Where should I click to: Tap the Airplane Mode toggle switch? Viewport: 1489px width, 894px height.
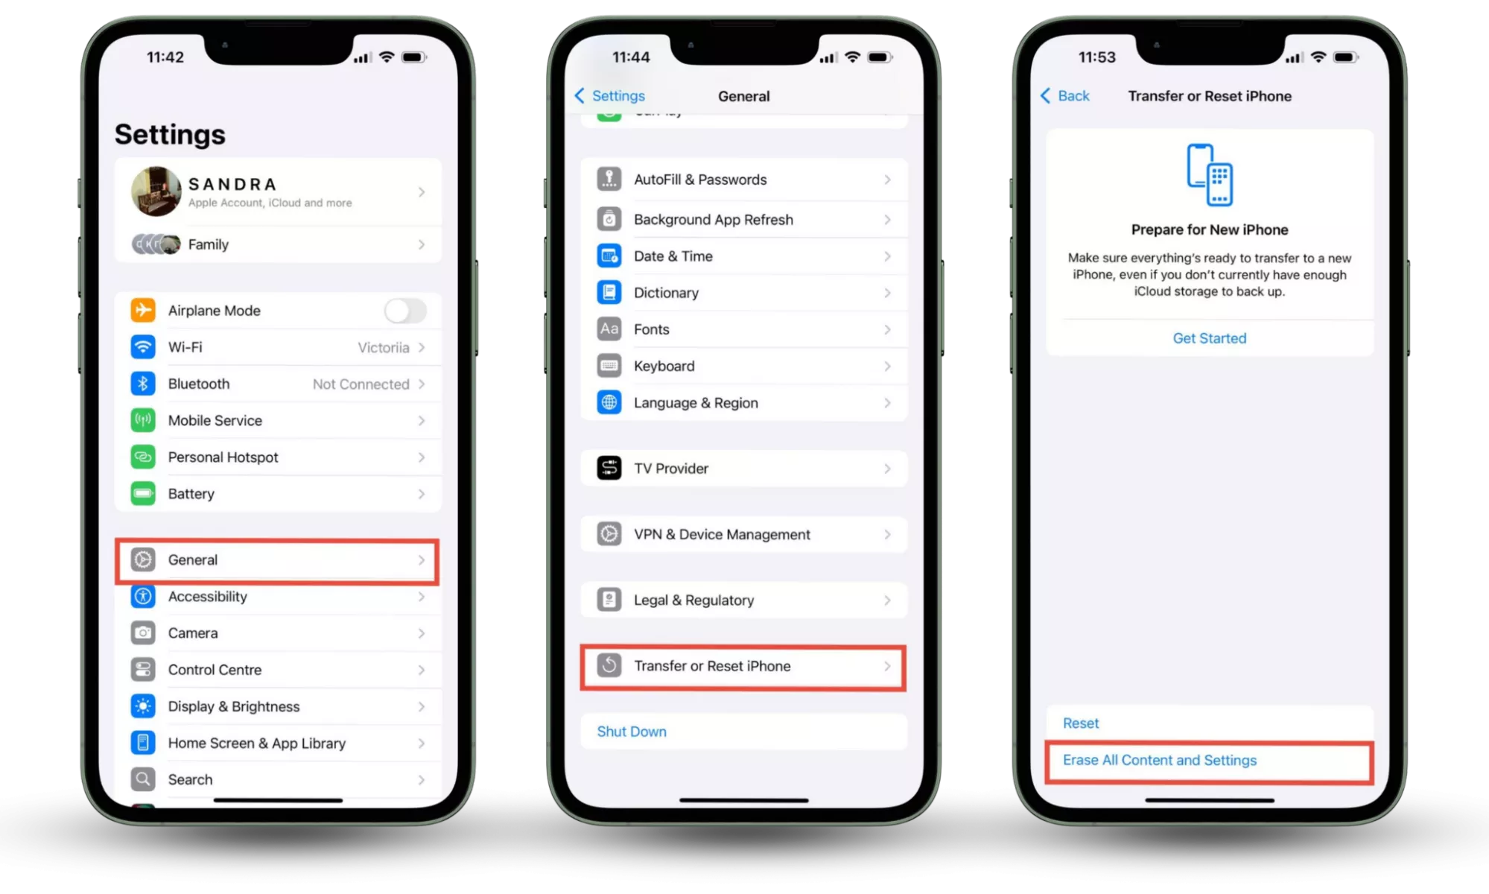[x=405, y=311]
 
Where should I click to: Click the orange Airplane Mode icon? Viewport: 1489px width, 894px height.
[x=143, y=310]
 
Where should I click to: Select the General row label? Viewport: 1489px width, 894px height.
[x=193, y=559]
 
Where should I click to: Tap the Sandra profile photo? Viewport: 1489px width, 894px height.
[x=156, y=191]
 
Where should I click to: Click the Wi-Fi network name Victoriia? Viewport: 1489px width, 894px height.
[x=384, y=347]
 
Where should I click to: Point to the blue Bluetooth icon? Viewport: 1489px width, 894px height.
[x=143, y=384]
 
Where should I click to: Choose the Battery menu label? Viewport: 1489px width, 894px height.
[x=191, y=494]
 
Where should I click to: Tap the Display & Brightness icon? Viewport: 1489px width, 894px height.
[x=143, y=706]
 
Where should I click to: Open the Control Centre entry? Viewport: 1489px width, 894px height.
[x=215, y=670]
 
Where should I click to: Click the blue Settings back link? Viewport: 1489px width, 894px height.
[x=610, y=96]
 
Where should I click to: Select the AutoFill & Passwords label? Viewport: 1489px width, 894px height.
[x=700, y=180]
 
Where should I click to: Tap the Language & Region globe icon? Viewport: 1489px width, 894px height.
[x=609, y=402]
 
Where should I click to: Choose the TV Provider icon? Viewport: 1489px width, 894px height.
[x=609, y=468]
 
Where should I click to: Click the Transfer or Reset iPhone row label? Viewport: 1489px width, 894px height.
[x=712, y=666]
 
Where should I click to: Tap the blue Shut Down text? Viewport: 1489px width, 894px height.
[x=632, y=732]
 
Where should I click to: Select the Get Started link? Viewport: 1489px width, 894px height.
[x=1210, y=338]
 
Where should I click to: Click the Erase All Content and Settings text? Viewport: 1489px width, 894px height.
[x=1160, y=760]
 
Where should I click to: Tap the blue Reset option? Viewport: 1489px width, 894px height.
[x=1081, y=723]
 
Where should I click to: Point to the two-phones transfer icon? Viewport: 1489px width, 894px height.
[x=1210, y=174]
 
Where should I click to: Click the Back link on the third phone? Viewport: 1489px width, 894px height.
[x=1065, y=96]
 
